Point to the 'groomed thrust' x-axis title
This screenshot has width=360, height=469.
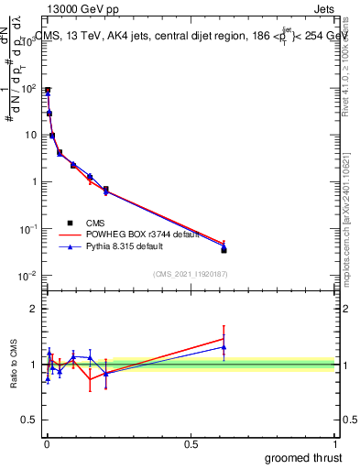click(x=304, y=457)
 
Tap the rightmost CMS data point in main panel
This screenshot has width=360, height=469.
click(x=224, y=249)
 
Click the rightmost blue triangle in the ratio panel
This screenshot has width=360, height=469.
click(x=224, y=347)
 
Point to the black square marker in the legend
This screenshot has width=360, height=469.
click(x=71, y=222)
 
